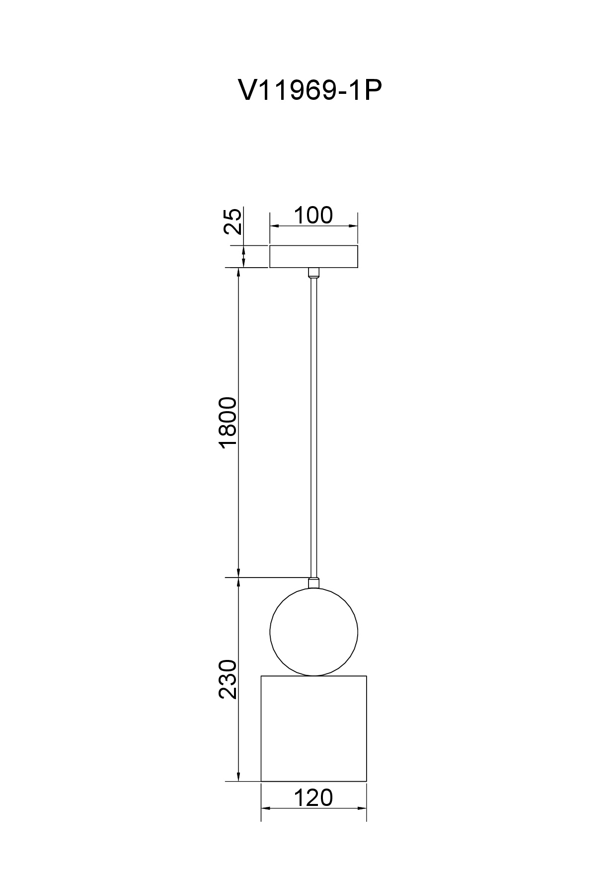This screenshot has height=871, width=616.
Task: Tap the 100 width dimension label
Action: pyautogui.click(x=313, y=216)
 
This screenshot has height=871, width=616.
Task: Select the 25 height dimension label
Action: pyautogui.click(x=233, y=221)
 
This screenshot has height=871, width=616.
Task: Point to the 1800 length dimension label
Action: pyautogui.click(x=229, y=423)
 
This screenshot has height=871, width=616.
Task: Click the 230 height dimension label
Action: pyautogui.click(x=229, y=679)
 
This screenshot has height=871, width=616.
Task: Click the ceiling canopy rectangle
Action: pyautogui.click(x=313, y=257)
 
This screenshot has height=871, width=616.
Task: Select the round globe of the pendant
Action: pyautogui.click(x=313, y=632)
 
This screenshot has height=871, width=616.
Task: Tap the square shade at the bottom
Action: pyautogui.click(x=313, y=728)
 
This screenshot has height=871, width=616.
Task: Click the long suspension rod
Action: pyautogui.click(x=313, y=427)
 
